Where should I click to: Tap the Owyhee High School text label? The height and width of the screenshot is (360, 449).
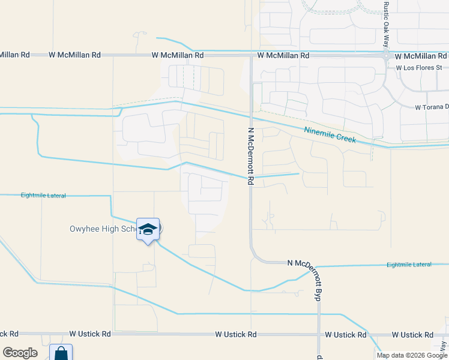coord(98,229)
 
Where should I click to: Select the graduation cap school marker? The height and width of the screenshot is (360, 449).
coord(148,229)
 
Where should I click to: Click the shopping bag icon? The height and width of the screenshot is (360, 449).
coord(61,353)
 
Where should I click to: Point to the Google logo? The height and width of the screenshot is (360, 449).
coord(20,353)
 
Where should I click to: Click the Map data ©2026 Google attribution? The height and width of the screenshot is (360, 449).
coord(412,355)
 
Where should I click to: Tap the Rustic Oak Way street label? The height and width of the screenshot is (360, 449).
coord(385,25)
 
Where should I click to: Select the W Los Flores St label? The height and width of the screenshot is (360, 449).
coord(418,68)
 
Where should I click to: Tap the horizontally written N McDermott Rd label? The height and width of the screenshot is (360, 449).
coord(306,263)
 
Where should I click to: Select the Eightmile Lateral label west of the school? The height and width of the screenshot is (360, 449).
coord(43,196)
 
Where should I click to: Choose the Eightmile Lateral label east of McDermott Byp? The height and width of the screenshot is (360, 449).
coord(409,265)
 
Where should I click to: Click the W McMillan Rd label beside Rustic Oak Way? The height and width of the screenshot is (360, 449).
coord(419,56)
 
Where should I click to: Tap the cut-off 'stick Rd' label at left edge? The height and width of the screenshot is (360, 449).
coord(9,334)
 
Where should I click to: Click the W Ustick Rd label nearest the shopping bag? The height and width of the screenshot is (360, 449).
coord(90,334)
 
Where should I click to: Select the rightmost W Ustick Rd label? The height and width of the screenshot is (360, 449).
coord(412,334)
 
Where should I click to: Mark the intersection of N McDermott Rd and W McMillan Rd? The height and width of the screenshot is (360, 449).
coord(251,55)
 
